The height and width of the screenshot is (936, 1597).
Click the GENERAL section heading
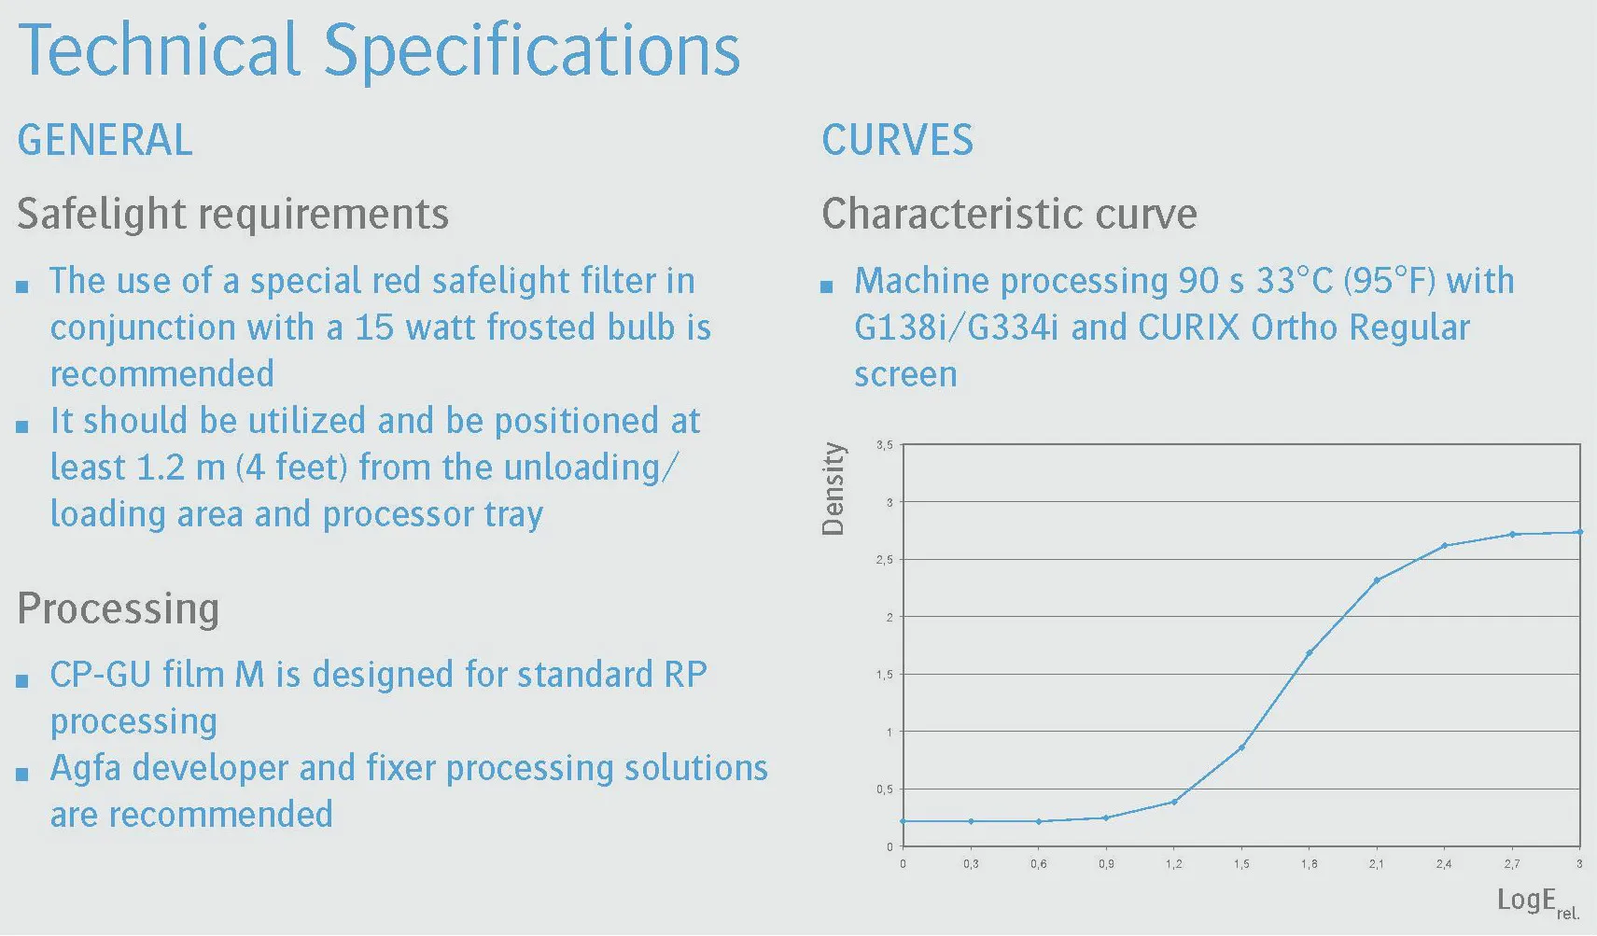click(105, 140)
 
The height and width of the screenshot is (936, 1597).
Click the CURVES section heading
click(898, 140)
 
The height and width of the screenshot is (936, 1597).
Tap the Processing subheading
click(119, 609)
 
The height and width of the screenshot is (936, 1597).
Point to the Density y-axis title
click(833, 488)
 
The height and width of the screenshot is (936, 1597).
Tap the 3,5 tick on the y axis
click(884, 445)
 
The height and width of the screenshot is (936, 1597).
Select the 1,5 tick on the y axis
click(884, 675)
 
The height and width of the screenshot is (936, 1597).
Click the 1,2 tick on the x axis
click(1173, 864)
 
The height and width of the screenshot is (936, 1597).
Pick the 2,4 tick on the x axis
click(1444, 864)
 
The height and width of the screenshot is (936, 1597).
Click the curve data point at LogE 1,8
click(1309, 653)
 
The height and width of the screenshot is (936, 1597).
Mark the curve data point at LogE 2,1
click(1377, 580)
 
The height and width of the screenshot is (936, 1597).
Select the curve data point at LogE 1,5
click(1242, 747)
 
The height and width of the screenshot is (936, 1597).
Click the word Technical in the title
click(159, 49)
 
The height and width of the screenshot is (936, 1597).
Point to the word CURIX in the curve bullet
click(1188, 328)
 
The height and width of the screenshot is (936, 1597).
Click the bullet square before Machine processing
click(827, 287)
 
